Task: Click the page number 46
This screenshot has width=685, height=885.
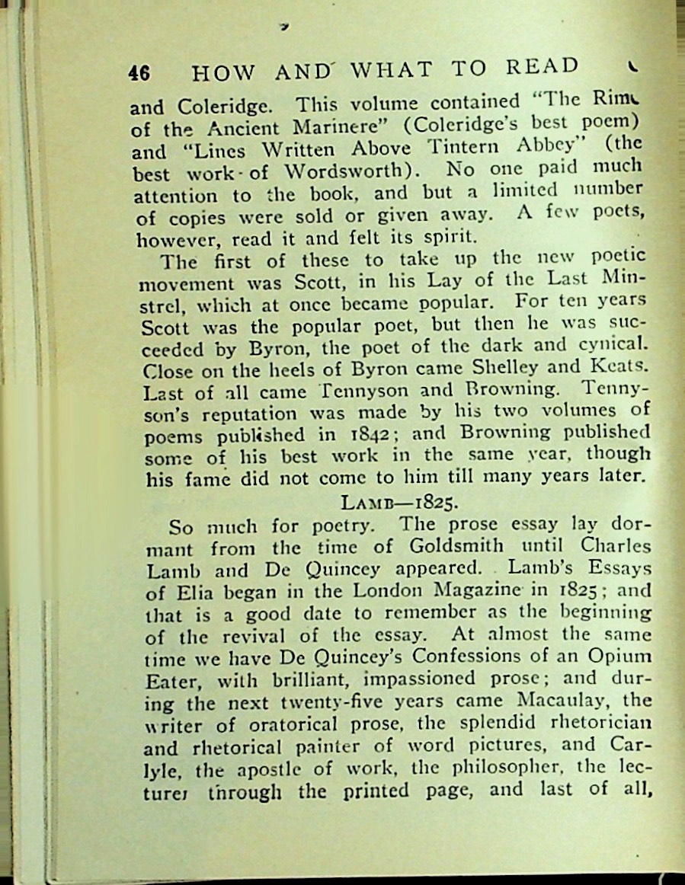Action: point(139,72)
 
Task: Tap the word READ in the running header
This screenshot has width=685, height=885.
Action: point(543,68)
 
